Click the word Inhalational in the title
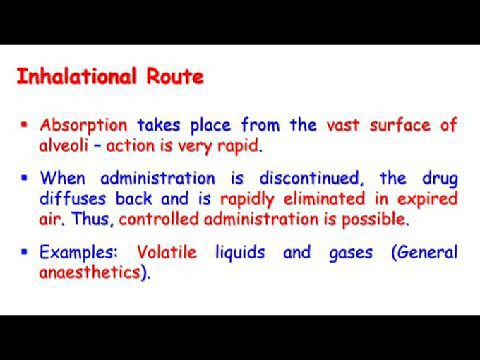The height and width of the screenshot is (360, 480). point(76,76)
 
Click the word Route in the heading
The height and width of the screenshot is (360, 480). point(175,76)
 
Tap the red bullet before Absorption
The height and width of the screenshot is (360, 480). point(24,125)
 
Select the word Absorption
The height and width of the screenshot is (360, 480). point(83,126)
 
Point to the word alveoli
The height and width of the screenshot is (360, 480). point(64,145)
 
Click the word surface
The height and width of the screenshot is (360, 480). point(400,125)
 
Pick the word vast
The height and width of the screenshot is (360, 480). point(342,126)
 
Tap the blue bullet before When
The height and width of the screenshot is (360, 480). point(24,178)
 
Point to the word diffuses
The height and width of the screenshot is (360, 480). point(73,198)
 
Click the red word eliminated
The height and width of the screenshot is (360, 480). point(324,198)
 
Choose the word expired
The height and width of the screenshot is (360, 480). point(427,199)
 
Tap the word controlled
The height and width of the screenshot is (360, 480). point(159,220)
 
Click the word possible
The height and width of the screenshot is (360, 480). point(375,220)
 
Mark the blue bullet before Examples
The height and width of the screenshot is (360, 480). point(24,252)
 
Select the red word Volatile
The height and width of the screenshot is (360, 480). point(167,252)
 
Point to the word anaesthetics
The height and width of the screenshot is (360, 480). point(90,272)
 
